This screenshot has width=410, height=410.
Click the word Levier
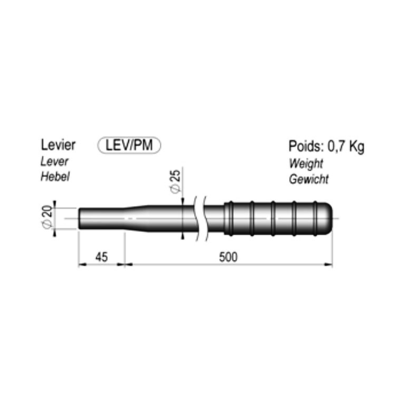pos(58,145)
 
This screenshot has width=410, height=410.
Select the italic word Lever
pos(54,161)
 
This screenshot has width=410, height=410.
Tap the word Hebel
pos(55,177)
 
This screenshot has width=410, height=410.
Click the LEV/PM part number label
pos(129,145)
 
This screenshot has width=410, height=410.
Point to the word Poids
pos(304,146)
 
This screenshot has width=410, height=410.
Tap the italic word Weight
pos(306,163)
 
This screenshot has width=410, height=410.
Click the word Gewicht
pos(309,179)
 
